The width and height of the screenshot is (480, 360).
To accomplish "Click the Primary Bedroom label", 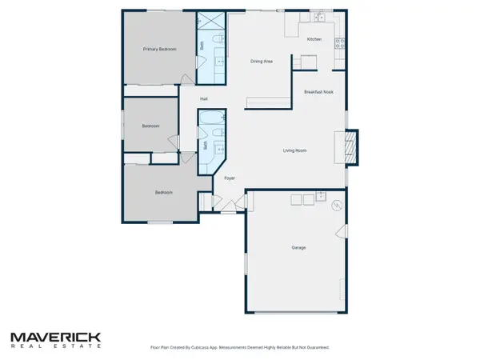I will point(159,50).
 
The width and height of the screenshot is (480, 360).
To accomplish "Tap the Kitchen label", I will point(314,39).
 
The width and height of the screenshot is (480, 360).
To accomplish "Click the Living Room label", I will point(295,150).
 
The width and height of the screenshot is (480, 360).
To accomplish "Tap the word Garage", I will point(298,248).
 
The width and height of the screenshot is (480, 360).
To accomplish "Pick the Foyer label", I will point(229,178).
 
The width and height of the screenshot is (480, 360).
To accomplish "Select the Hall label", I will point(205,98).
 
